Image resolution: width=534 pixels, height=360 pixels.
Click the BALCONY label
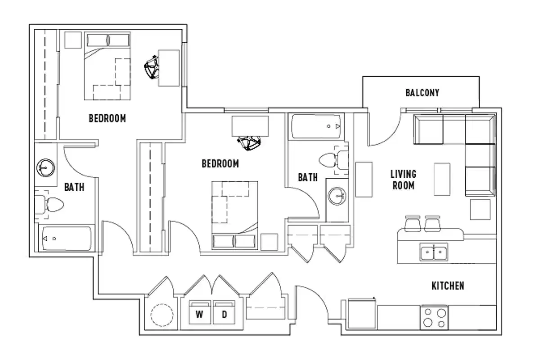point(422,93)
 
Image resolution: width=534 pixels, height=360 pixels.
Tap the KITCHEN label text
point(448,286)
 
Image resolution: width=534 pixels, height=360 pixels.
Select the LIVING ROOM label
point(403,179)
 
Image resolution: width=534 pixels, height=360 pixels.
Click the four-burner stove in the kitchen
point(434,318)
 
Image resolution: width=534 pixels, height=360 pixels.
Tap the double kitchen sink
point(434,252)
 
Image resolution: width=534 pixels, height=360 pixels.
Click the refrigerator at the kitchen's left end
point(362,315)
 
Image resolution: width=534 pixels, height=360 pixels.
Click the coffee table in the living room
point(442,179)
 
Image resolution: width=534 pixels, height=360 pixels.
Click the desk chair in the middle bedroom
point(250,143)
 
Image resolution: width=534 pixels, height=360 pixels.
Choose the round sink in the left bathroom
point(45,168)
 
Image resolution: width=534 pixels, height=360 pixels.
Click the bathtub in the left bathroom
point(67,238)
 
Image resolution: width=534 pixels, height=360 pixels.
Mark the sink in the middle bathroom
point(337,196)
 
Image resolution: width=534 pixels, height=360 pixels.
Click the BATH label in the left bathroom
point(74,187)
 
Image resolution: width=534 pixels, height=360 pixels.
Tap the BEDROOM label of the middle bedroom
point(220,164)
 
